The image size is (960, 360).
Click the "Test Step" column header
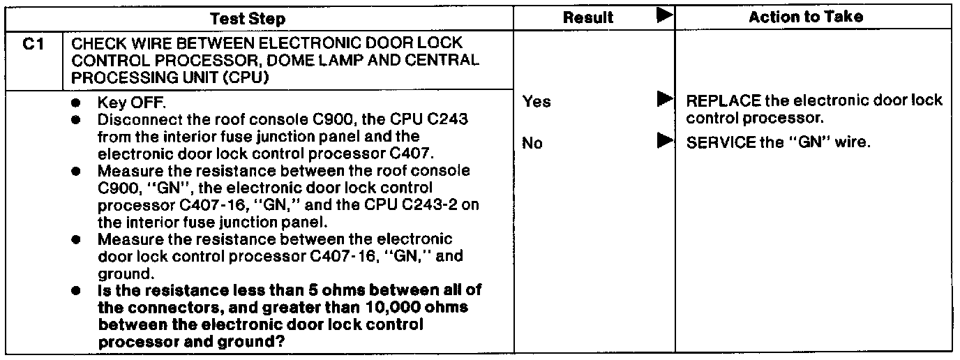coord(257,17)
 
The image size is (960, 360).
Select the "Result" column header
coord(588,17)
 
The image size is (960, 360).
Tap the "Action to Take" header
coord(805,17)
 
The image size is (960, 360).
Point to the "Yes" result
coord(536,102)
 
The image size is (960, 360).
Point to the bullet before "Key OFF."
coord(75,103)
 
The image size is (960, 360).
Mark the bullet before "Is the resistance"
coord(75,290)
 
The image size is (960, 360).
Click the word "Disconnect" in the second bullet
coord(133,120)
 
